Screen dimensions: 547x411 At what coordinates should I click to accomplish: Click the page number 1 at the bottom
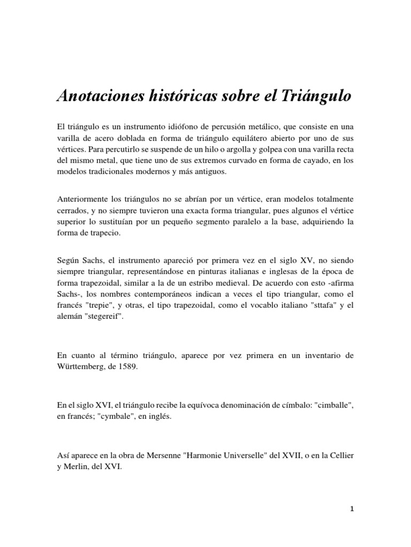tap(352, 525)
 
